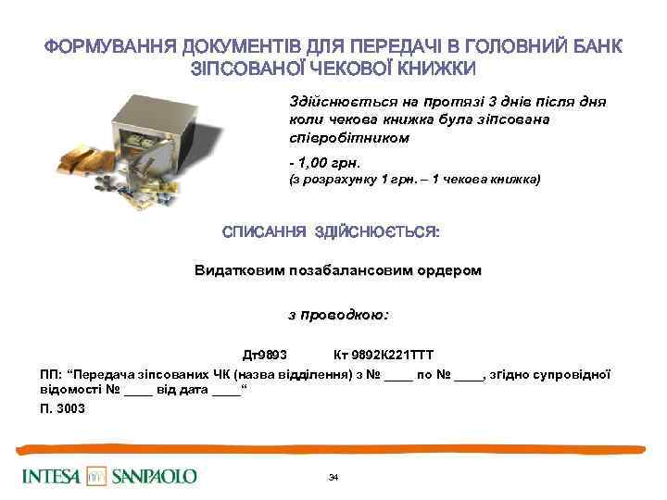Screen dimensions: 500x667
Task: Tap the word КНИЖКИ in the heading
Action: pos(432,69)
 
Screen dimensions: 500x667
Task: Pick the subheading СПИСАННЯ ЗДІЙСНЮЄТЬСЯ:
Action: pos(331,231)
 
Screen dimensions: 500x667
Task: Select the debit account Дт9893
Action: pos(264,356)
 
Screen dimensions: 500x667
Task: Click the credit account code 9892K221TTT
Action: pos(390,356)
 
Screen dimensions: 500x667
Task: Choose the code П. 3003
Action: pos(62,408)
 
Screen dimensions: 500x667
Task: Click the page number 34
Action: pos(334,477)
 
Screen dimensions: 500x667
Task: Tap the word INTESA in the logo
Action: pos(52,477)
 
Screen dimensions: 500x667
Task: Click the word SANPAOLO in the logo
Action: pos(155,477)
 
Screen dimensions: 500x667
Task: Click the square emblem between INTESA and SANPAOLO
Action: pos(97,476)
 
